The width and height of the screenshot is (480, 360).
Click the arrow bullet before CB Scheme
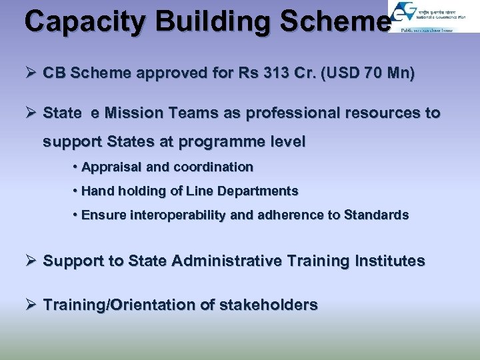(31, 73)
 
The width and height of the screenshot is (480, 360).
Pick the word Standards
(376, 215)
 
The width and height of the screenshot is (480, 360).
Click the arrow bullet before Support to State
(31, 261)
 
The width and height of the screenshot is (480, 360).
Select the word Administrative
(227, 261)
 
